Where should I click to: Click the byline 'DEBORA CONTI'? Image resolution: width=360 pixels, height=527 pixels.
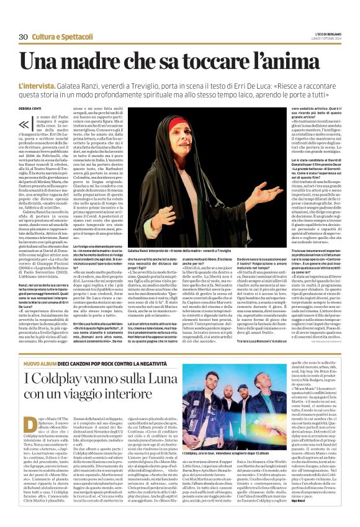(29, 109)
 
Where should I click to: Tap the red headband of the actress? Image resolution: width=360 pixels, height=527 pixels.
(188, 117)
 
